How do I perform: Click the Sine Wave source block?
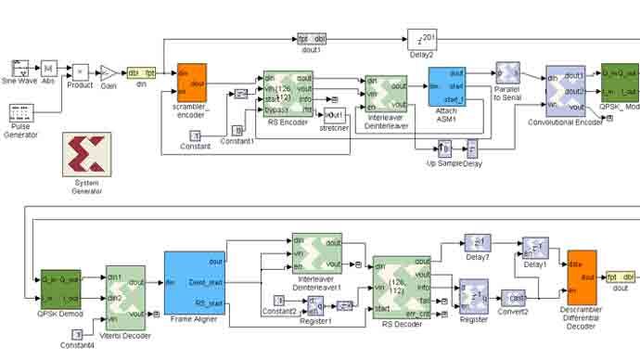click(x=21, y=68)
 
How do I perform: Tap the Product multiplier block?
click(x=81, y=71)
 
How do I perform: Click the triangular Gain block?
click(x=109, y=72)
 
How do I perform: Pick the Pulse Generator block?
click(x=21, y=113)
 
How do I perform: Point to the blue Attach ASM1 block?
click(x=446, y=86)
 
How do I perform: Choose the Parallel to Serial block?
click(x=507, y=73)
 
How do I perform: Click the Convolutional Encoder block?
click(x=565, y=90)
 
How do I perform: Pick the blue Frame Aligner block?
click(x=194, y=282)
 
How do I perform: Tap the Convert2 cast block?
click(x=515, y=299)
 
